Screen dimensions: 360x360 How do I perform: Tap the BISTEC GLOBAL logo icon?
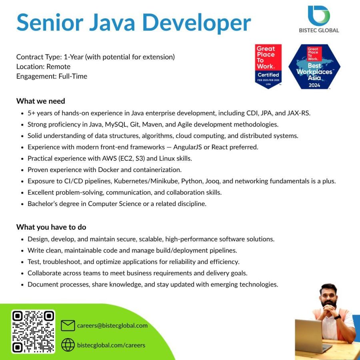(x=319, y=16)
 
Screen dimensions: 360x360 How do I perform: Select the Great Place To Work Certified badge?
(x=268, y=66)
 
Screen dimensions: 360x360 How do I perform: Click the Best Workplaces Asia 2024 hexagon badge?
(x=314, y=66)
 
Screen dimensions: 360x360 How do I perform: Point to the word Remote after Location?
(x=58, y=66)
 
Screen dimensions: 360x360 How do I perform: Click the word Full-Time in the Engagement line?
(x=73, y=76)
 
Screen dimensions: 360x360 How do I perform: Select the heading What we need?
(x=40, y=101)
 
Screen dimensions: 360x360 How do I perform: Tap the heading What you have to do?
(x=51, y=227)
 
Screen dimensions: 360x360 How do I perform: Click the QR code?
(x=33, y=332)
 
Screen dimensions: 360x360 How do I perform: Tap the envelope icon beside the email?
(x=68, y=326)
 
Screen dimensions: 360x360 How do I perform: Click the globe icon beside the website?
(x=68, y=345)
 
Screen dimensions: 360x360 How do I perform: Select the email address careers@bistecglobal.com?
(x=112, y=326)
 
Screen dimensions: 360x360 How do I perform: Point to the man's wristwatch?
(x=338, y=316)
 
